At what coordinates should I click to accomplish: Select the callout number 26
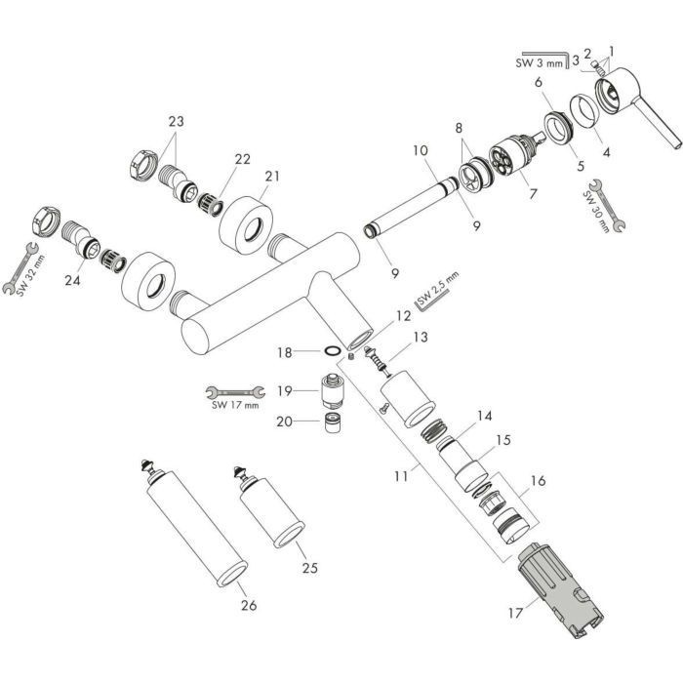coord(248,605)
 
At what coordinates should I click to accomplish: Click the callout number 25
coord(309,567)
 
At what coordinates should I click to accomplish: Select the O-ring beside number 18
coord(332,349)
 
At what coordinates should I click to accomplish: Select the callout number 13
coord(420,337)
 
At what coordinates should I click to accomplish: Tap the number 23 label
coord(176,122)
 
